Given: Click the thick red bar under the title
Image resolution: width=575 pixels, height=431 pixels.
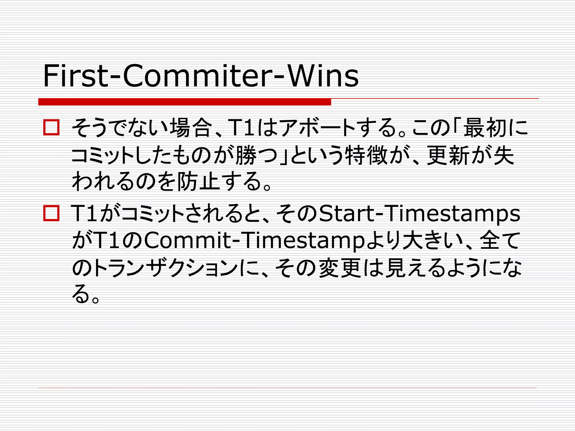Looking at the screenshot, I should (184, 102).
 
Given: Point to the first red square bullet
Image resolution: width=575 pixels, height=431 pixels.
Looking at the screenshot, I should (51, 128).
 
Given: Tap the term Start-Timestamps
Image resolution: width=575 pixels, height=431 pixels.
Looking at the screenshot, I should (419, 214).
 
